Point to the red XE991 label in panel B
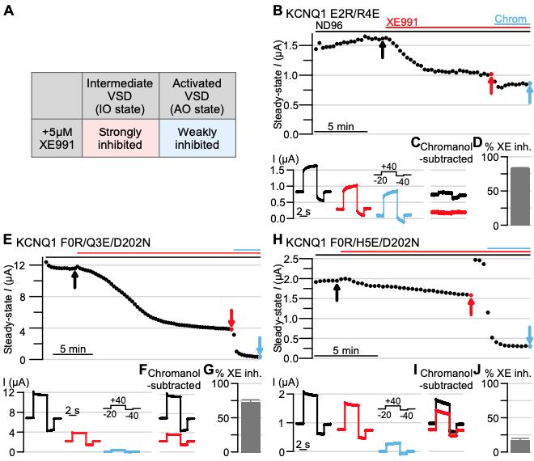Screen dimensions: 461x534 coord(403,23)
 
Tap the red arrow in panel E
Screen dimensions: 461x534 coord(231,316)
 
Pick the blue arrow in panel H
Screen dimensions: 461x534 coord(529,334)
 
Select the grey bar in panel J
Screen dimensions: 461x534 coord(498,445)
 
